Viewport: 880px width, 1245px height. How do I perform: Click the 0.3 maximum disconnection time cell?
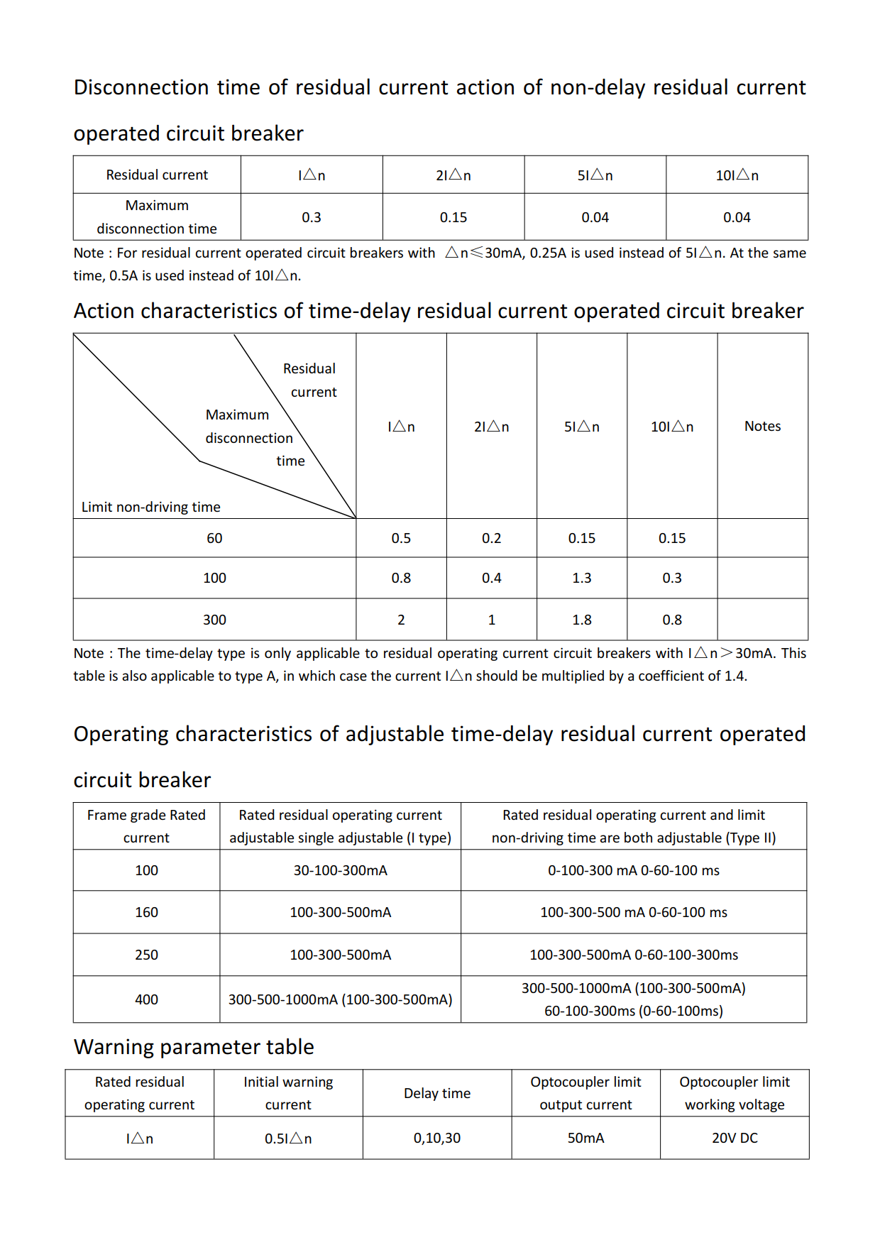pyautogui.click(x=311, y=217)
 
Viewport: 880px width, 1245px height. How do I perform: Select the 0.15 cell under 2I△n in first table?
pyautogui.click(x=453, y=217)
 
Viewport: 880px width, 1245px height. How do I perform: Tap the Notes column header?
pyautogui.click(x=762, y=426)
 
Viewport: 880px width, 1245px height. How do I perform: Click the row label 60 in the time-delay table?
pyautogui.click(x=214, y=538)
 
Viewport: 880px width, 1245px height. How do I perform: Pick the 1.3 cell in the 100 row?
pyautogui.click(x=581, y=578)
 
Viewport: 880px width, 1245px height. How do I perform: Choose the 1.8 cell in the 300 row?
pyautogui.click(x=581, y=620)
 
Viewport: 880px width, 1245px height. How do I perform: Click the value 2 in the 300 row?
pyautogui.click(x=401, y=620)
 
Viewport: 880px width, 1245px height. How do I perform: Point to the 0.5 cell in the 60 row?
pyautogui.click(x=401, y=538)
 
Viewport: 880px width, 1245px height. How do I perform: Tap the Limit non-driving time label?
pyautogui.click(x=150, y=507)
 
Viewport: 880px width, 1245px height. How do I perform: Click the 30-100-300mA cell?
pyautogui.click(x=340, y=870)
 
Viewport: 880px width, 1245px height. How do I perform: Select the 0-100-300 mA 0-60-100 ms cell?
pyautogui.click(x=633, y=870)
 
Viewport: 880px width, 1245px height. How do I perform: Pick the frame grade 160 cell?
pyautogui.click(x=146, y=912)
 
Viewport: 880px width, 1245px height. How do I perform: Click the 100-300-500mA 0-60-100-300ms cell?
pyautogui.click(x=633, y=955)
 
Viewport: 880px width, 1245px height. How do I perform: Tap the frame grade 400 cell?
pyautogui.click(x=146, y=999)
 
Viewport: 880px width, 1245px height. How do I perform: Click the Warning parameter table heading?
pyautogui.click(x=194, y=1047)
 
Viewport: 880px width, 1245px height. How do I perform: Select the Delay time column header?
pyautogui.click(x=436, y=1093)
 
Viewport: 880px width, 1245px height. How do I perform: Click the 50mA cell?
pyautogui.click(x=585, y=1138)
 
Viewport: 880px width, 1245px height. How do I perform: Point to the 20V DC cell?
pyautogui.click(x=735, y=1138)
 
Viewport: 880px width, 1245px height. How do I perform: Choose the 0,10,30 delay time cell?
pyautogui.click(x=436, y=1138)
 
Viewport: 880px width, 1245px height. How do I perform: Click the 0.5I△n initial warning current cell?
pyautogui.click(x=288, y=1138)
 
